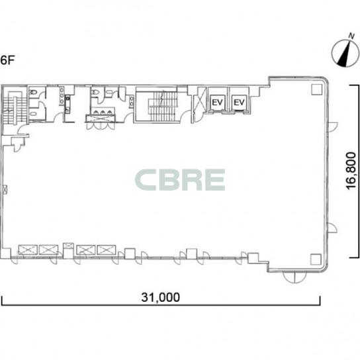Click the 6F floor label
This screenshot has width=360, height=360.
click(7, 60)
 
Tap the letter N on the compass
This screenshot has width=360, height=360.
click(351, 36)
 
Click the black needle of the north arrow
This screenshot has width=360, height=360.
click(343, 54)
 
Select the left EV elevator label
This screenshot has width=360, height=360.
click(217, 103)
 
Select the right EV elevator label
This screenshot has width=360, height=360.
click(240, 103)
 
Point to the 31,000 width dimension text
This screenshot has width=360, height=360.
click(161, 297)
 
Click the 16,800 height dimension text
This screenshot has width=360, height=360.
click(351, 171)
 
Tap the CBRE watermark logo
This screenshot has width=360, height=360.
click(180, 180)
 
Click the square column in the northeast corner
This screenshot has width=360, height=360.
click(317, 89)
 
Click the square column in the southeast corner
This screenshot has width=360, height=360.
click(316, 259)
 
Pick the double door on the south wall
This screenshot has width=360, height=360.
click(294, 277)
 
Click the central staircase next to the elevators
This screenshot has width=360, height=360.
click(162, 107)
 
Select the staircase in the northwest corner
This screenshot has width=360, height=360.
click(14, 108)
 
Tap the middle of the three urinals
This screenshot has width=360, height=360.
click(103, 112)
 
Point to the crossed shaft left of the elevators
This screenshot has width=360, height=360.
click(199, 101)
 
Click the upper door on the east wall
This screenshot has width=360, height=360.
click(332, 127)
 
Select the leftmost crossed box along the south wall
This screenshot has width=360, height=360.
click(28, 249)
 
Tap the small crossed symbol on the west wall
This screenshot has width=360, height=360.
click(5, 190)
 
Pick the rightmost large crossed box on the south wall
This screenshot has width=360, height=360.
click(107, 249)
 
